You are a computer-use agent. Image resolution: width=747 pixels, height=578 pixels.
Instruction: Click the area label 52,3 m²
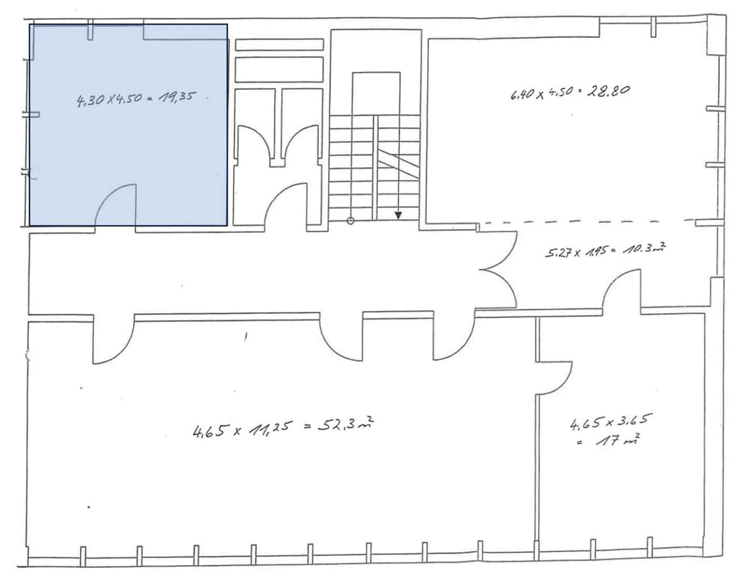pyautogui.click(x=345, y=425)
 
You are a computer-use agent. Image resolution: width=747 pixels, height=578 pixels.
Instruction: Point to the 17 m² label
pyautogui.click(x=617, y=441)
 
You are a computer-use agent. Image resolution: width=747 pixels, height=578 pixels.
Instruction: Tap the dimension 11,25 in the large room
pyautogui.click(x=270, y=428)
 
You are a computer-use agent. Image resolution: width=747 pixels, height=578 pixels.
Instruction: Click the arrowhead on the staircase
pyautogui.click(x=398, y=214)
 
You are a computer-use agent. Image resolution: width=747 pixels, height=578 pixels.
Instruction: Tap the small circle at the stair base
pyautogui.click(x=350, y=221)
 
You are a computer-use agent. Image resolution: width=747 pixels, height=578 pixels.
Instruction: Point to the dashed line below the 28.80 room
pyautogui.click(x=586, y=222)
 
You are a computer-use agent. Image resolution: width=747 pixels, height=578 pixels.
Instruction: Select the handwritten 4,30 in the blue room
pyautogui.click(x=90, y=100)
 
